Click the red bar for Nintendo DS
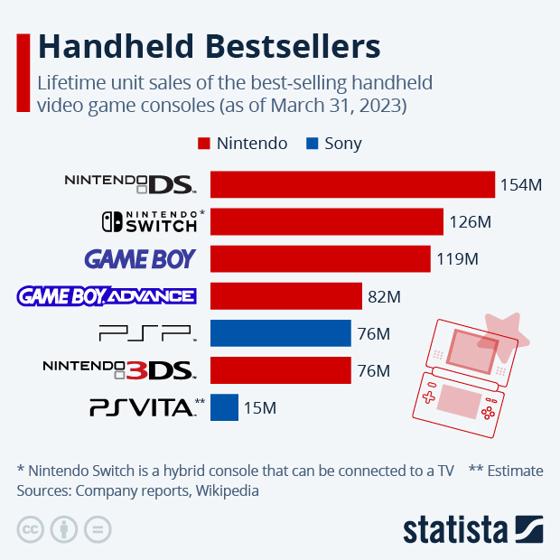(x=352, y=184)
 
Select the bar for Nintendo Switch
(x=327, y=221)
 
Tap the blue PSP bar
(x=280, y=333)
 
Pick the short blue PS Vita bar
(x=224, y=407)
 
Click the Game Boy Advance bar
(x=285, y=296)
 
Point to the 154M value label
(x=521, y=185)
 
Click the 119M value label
(x=457, y=259)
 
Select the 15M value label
(x=259, y=408)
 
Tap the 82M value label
(x=384, y=296)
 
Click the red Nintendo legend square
(x=203, y=144)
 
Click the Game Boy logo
(x=140, y=259)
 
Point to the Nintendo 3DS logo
(x=118, y=369)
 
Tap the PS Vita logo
(x=142, y=407)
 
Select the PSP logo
(x=145, y=334)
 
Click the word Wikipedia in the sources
(x=227, y=491)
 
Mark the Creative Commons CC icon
(x=31, y=529)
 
